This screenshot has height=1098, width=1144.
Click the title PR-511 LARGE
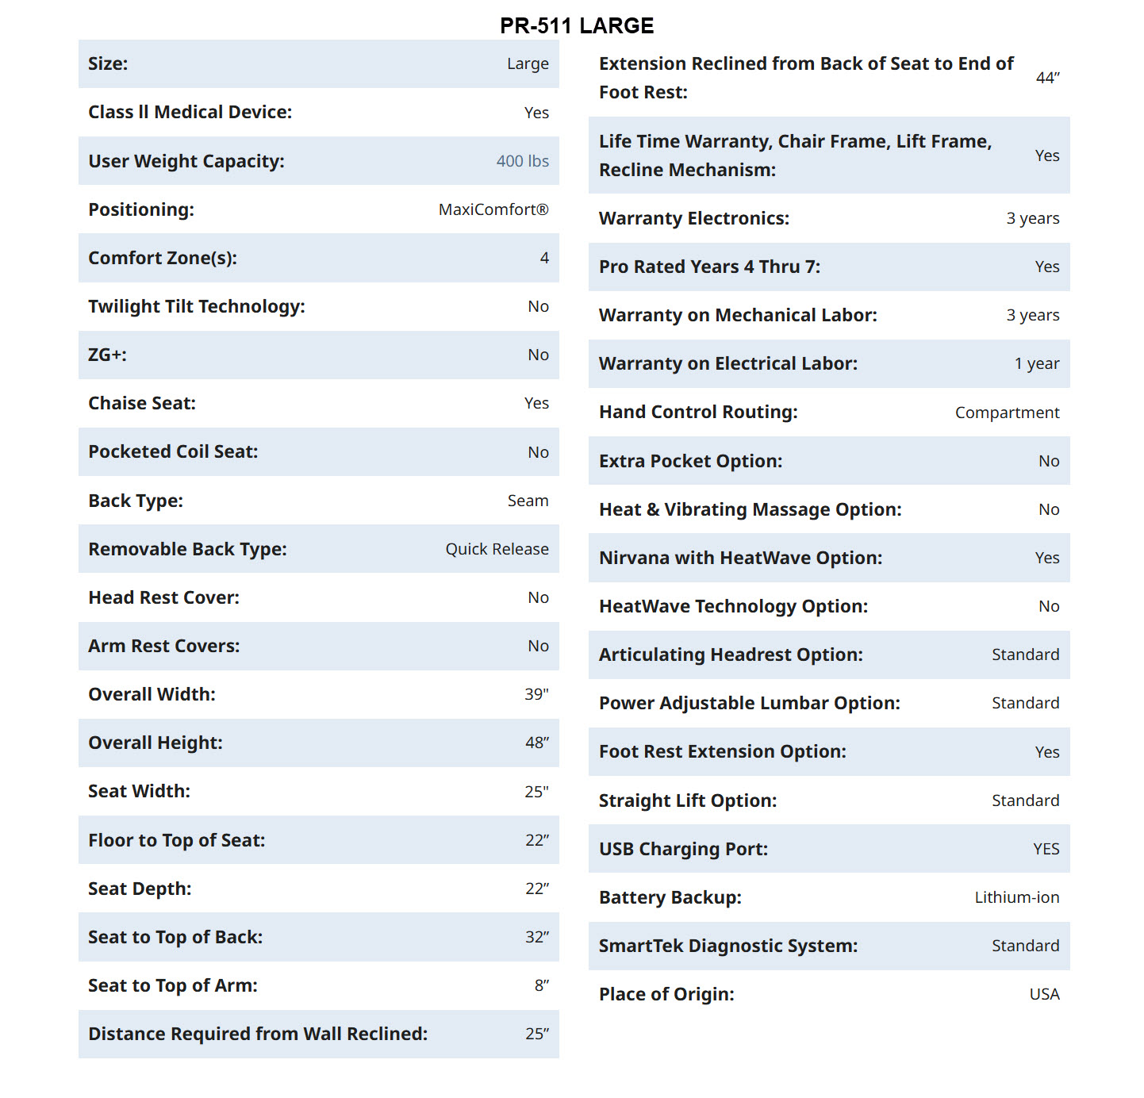tap(577, 26)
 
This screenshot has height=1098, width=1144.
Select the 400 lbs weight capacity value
tap(522, 161)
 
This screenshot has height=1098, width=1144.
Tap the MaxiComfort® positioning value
tap(493, 209)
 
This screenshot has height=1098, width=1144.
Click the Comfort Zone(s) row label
tap(163, 258)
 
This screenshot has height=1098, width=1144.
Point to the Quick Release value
tap(497, 549)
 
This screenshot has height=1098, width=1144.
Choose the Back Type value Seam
tap(528, 501)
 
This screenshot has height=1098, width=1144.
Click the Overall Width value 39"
tap(536, 694)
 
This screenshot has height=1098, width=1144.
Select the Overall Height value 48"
tap(536, 743)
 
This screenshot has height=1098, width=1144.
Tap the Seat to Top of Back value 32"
tap(536, 937)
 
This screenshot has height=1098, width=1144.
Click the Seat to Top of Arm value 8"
tap(541, 985)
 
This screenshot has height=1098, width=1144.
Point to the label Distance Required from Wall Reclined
tap(258, 1034)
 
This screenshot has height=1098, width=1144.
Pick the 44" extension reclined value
tap(1047, 78)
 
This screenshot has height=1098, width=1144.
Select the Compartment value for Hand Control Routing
tap(1007, 413)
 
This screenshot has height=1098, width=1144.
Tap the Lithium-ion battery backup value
tap(1016, 897)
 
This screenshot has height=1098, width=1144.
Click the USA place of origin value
tap(1044, 994)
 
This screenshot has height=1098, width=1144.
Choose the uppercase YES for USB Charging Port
tap(1046, 849)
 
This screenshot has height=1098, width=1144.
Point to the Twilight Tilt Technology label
tap(197, 306)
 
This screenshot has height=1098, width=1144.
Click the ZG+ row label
tap(107, 355)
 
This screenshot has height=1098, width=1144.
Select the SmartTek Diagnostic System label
tap(727, 946)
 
